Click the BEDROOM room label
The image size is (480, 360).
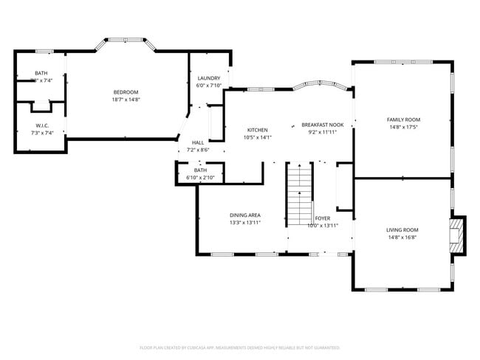pos(126,92)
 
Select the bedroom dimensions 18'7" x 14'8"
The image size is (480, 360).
pos(126,100)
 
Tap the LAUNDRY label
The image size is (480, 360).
pos(209,78)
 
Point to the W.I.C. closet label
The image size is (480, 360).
pos(42,125)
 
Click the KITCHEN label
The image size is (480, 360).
pos(257,130)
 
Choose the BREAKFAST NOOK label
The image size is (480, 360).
pos(322,125)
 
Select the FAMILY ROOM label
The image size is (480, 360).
pos(403,120)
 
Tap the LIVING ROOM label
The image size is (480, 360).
pos(402,230)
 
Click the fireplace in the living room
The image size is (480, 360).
pos(457,235)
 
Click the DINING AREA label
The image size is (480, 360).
pos(244,215)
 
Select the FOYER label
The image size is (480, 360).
pos(323,218)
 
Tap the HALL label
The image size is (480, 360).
pos(198,142)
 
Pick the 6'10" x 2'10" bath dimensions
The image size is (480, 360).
pos(200,178)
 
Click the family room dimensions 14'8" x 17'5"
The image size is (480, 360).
pos(403,127)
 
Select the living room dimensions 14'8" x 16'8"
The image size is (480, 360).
pos(402,238)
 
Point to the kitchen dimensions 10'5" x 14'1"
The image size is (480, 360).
pos(257,137)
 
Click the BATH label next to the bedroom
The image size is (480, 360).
pos(41,73)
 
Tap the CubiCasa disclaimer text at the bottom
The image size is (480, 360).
pos(240,347)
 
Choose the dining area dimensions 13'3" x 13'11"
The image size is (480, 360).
pos(244,223)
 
